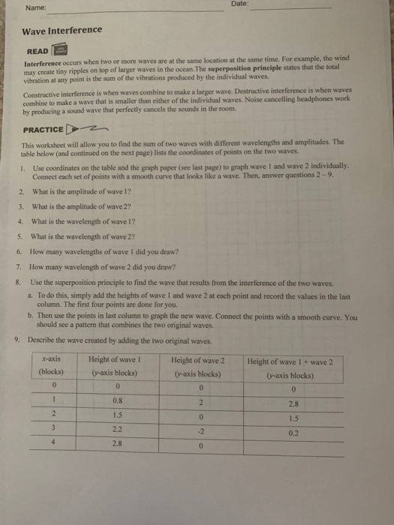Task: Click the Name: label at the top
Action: pos(35,9)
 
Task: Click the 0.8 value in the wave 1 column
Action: pos(117,401)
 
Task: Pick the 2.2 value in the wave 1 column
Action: pos(119,429)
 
